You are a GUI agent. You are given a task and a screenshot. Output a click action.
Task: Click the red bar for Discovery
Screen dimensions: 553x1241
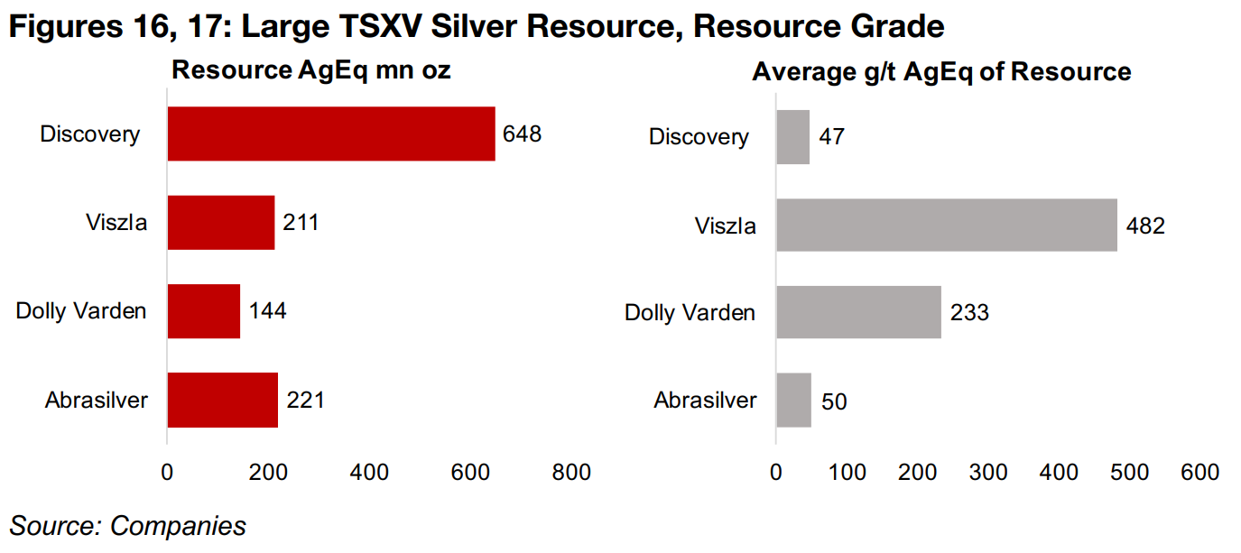point(331,134)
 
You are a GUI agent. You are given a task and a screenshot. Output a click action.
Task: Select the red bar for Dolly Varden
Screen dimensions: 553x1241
point(204,311)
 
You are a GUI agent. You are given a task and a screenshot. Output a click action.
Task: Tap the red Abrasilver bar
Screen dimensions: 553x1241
point(223,400)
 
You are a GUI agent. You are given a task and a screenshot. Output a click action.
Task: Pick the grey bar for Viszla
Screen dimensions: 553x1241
point(947,225)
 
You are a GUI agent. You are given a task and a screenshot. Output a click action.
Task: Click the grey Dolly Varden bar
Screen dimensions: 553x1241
point(858,312)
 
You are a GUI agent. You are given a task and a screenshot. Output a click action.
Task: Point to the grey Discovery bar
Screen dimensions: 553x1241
point(793,137)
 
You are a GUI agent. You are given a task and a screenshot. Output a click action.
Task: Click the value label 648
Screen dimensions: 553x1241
point(523,134)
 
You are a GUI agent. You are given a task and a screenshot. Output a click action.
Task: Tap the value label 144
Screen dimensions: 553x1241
point(267,311)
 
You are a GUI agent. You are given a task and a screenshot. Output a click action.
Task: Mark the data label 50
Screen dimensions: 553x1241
point(834,401)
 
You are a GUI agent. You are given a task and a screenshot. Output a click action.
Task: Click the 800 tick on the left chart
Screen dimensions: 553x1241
point(571,473)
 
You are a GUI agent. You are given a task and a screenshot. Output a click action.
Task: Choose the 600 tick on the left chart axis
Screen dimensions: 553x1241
point(470,473)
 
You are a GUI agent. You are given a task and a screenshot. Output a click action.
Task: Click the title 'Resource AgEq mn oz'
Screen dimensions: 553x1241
point(310,70)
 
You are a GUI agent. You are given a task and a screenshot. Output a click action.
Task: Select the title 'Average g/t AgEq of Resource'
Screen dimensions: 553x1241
point(941,72)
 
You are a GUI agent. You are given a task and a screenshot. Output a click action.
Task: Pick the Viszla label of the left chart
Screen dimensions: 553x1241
point(115,221)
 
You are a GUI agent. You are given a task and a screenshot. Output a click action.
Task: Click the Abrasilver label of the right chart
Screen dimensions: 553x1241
point(706,401)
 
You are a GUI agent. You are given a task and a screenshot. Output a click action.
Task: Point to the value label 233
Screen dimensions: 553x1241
point(969,313)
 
